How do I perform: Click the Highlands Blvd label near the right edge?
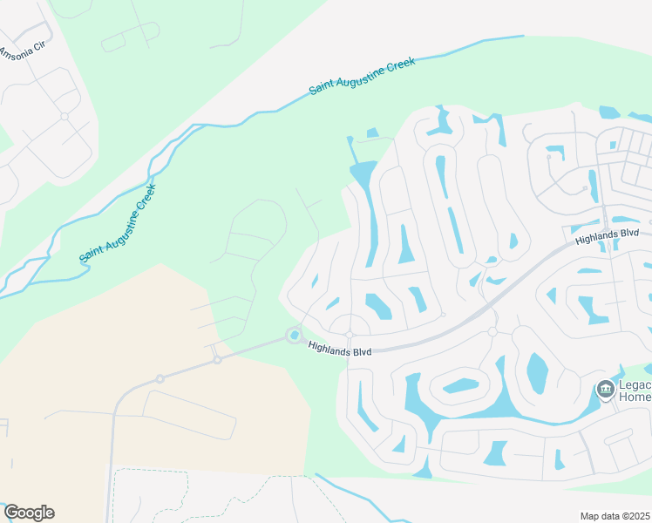tap(607, 235)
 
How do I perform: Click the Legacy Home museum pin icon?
tap(606, 389)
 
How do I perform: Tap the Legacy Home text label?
tap(634, 390)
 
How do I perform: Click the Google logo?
tap(29, 513)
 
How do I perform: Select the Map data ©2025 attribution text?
tap(615, 516)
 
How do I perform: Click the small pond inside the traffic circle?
tap(295, 336)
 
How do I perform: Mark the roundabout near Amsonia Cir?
tap(65, 115)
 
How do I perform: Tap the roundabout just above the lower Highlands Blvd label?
tap(349, 334)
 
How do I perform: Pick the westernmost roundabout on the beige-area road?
tap(160, 378)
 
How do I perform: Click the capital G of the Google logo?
tap(10, 513)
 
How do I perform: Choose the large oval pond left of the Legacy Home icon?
tap(537, 372)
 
